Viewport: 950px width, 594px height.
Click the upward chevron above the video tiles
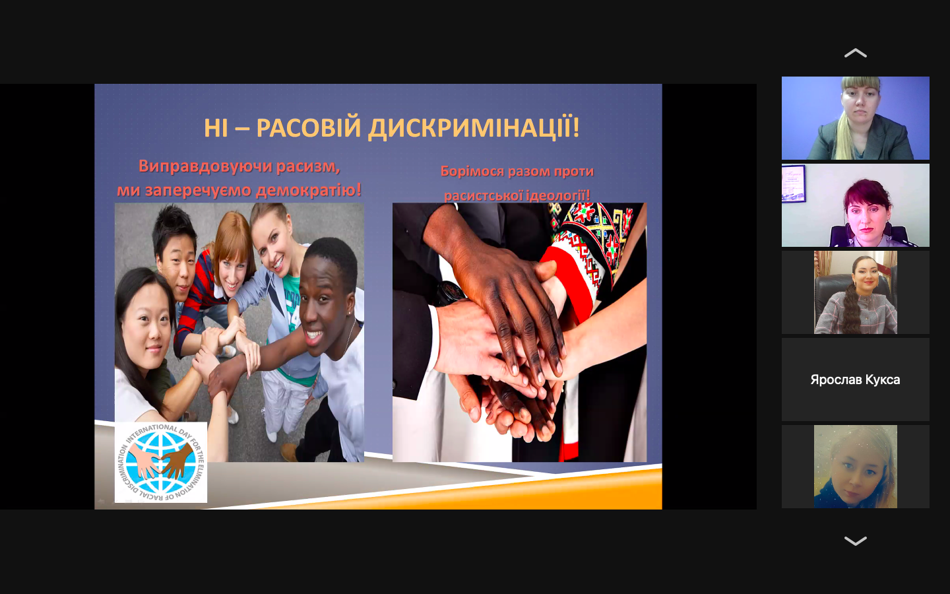click(x=856, y=53)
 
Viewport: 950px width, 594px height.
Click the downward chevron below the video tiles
click(x=856, y=541)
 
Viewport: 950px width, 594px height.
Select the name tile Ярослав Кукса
click(x=856, y=379)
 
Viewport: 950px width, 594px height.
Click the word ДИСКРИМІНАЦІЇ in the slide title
click(x=473, y=128)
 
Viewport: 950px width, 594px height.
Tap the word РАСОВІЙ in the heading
click(x=308, y=128)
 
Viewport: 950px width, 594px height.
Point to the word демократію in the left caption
click(x=309, y=189)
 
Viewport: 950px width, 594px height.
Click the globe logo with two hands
click(x=161, y=462)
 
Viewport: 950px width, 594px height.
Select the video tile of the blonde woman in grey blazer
click(x=856, y=118)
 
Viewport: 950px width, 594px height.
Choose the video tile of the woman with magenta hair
click(x=856, y=205)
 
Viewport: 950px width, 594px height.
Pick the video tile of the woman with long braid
click(x=856, y=292)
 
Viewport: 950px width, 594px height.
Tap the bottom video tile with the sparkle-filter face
click(x=856, y=467)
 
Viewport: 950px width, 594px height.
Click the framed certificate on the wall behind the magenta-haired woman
click(x=794, y=183)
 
